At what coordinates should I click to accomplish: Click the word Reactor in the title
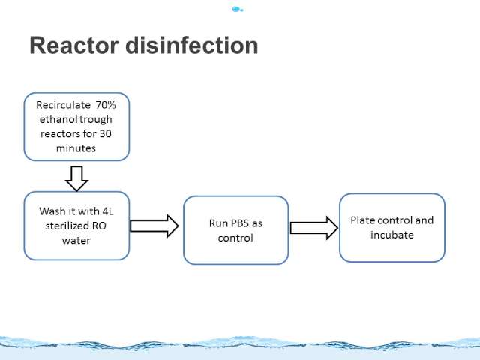pyautogui.click(x=73, y=46)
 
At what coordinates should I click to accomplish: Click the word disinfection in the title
pyautogui.click(x=192, y=46)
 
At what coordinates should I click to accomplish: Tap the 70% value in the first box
pyautogui.click(x=106, y=105)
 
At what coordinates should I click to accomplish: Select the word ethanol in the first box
pyautogui.click(x=56, y=119)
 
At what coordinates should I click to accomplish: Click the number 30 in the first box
pyautogui.click(x=105, y=134)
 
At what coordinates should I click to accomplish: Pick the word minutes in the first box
pyautogui.click(x=76, y=148)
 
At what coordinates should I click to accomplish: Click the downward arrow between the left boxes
pyautogui.click(x=76, y=178)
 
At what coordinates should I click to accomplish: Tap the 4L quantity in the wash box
pyautogui.click(x=108, y=211)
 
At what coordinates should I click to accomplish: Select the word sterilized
pyautogui.click(x=64, y=226)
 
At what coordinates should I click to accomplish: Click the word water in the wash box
pyautogui.click(x=76, y=241)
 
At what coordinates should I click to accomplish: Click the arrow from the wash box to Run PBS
pyautogui.click(x=154, y=226)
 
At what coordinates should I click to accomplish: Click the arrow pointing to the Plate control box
pyautogui.click(x=314, y=228)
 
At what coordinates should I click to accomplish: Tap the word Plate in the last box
pyautogui.click(x=362, y=220)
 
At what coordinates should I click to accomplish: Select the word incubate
pyautogui.click(x=392, y=235)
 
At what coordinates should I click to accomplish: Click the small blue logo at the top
pyautogui.click(x=238, y=10)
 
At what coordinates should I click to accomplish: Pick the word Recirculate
pyautogui.click(x=63, y=105)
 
